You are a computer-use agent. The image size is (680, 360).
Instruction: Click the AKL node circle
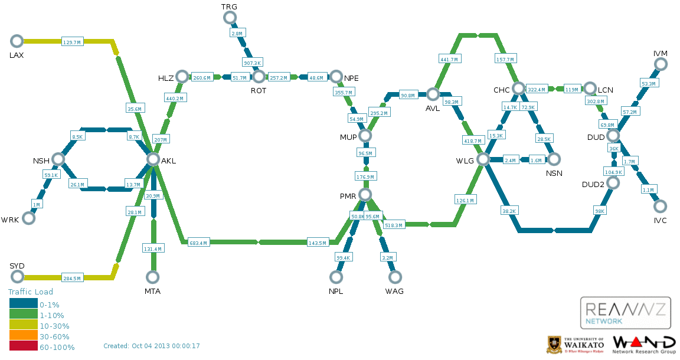pos(153,159)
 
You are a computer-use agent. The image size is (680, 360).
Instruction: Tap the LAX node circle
pos(17,41)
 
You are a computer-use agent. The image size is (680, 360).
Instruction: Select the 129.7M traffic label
pos(71,42)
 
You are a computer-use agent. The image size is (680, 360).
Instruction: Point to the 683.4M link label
pos(198,243)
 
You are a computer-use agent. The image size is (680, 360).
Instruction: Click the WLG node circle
pos(483,159)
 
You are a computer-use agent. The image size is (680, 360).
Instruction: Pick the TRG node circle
pos(230,18)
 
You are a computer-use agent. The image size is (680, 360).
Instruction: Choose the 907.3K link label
pos(253,63)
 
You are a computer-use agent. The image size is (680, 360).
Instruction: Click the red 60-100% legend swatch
pos(23,347)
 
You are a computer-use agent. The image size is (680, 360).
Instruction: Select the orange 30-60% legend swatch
pos(23,336)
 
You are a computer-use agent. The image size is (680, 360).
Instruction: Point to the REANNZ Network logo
pos(625,313)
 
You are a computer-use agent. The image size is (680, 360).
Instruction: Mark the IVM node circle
pos(661,65)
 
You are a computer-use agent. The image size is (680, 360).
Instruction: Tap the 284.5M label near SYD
pos(71,278)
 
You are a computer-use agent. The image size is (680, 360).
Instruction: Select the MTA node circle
pos(153,277)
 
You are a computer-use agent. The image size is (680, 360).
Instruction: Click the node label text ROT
pos(259,91)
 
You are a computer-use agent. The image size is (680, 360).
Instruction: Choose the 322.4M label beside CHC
pos(537,90)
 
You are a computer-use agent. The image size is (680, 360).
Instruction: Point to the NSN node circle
pos(554,159)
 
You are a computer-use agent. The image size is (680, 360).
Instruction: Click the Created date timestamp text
pos(152,346)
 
